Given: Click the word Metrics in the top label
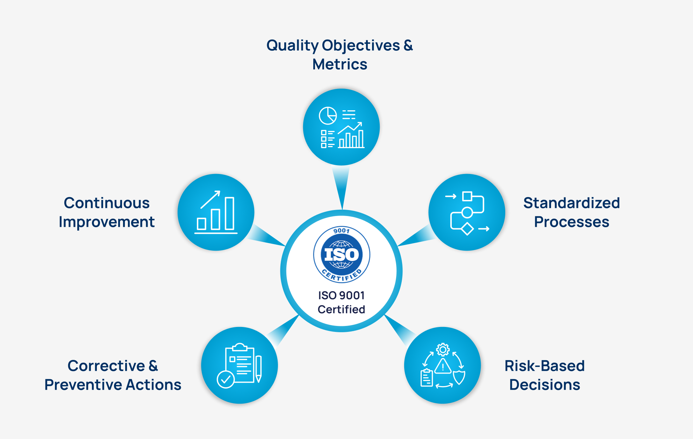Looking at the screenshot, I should [340, 64].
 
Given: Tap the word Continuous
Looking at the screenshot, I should [107, 203].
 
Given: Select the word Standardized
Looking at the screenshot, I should [571, 203].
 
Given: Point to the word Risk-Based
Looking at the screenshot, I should [544, 366].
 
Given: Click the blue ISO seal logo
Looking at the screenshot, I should [341, 255].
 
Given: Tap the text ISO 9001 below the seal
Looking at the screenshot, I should [341, 295].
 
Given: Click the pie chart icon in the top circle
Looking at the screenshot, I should [328, 116].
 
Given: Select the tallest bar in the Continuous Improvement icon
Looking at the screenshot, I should [230, 213].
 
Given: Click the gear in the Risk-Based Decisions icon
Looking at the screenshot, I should [443, 349].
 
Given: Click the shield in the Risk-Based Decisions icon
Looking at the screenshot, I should [459, 377].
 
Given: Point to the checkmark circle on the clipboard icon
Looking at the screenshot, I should [226, 379].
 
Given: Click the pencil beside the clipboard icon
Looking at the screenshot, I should [258, 369].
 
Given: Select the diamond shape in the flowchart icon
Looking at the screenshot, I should [467, 229].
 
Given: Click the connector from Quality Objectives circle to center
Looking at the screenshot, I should [341, 186].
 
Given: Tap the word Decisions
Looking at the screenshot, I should [544, 385].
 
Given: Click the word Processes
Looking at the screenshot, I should [571, 222].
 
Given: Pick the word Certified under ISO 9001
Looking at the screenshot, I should [341, 309].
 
